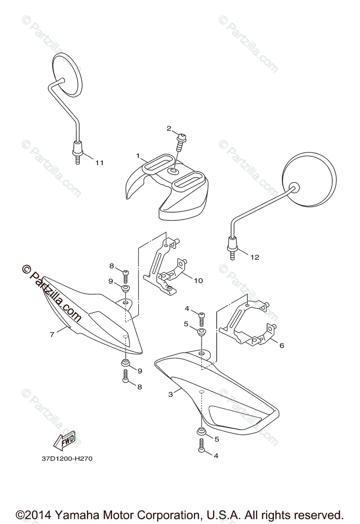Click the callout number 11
tap(100, 163)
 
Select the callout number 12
tap(254, 257)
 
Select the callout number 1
tap(138, 156)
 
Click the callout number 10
tap(198, 280)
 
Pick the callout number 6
tap(281, 345)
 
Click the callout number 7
tap(52, 334)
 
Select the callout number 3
tap(171, 394)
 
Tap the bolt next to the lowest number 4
tap(201, 445)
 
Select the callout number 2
tap(169, 128)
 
